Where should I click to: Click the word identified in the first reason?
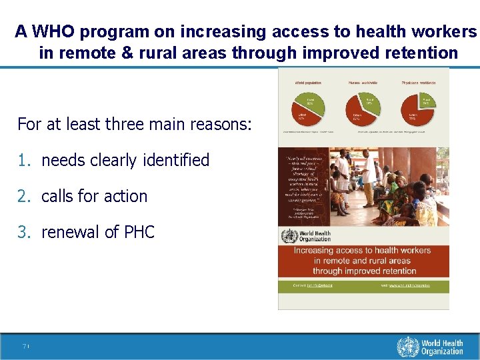pyautogui.click(x=178, y=161)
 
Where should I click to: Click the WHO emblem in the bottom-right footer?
pyautogui.click(x=407, y=347)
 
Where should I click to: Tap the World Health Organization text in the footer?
pyautogui.click(x=441, y=347)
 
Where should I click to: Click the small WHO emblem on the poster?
pyautogui.click(x=289, y=237)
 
